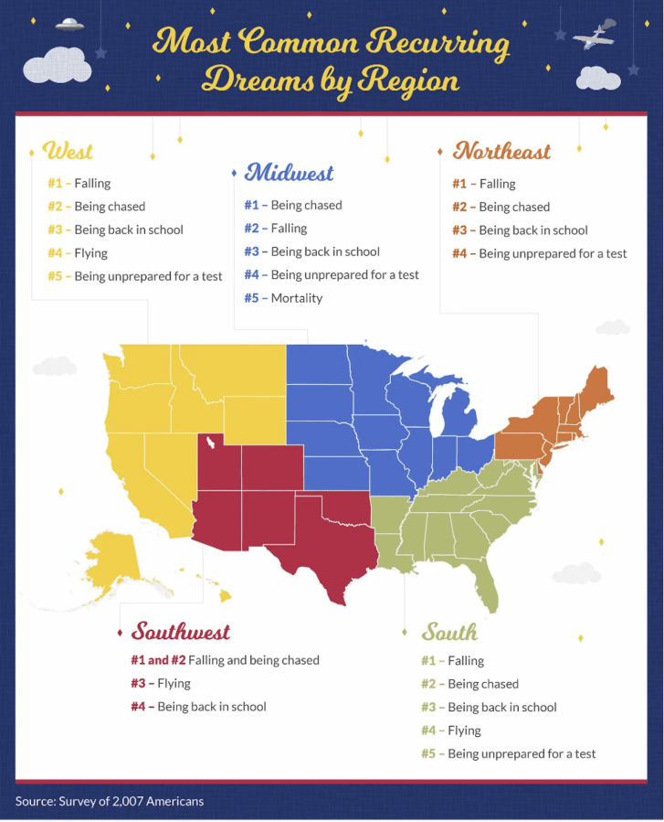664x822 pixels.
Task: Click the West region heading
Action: click(x=69, y=150)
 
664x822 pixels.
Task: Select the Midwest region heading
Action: click(x=289, y=172)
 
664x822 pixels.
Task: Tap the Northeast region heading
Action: click(x=501, y=150)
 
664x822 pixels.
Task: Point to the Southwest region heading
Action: click(x=180, y=631)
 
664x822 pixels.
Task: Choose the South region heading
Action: click(x=449, y=632)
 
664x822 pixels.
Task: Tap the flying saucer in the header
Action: click(x=69, y=25)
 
